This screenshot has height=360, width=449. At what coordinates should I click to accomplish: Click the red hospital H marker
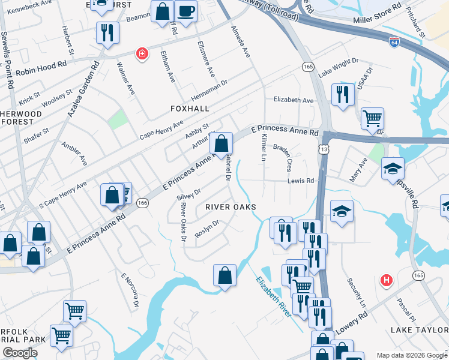click(387, 280)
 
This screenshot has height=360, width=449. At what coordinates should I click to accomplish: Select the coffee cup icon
click(185, 11)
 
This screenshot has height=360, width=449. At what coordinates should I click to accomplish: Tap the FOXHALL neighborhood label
click(189, 109)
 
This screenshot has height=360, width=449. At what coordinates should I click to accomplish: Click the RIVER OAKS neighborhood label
click(231, 207)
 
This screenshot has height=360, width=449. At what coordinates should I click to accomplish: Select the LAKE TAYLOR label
click(419, 330)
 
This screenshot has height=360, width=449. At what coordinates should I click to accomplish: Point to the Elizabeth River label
click(274, 297)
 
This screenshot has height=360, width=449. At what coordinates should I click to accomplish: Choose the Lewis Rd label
click(301, 180)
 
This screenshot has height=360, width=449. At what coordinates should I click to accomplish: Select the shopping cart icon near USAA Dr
click(372, 118)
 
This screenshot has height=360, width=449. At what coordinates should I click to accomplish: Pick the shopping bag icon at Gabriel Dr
click(221, 143)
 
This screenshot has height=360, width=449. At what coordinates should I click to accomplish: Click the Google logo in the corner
click(20, 353)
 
